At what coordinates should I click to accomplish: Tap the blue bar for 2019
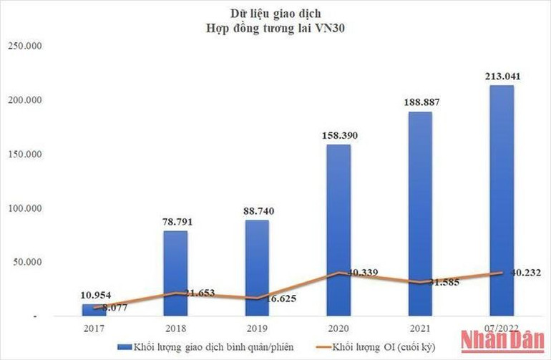258,268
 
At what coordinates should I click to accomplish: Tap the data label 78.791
175,222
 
